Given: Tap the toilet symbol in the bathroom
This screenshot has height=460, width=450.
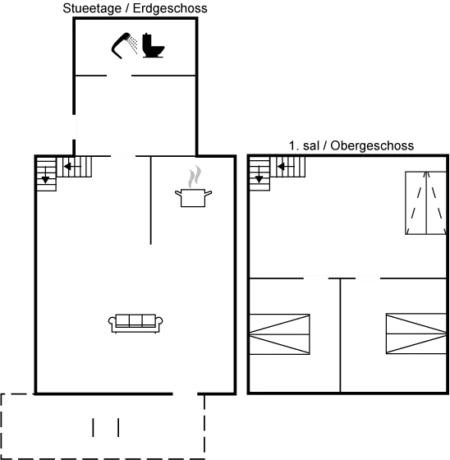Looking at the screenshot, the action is (x=153, y=45).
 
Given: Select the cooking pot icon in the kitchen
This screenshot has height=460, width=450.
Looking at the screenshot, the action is (x=193, y=198).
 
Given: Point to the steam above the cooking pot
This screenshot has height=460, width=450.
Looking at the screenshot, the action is (x=194, y=177).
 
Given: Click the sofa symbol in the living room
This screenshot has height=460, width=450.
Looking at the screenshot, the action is (x=135, y=323).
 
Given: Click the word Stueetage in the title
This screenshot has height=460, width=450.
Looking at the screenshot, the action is (x=92, y=8).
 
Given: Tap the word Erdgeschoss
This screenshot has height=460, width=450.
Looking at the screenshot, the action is (x=170, y=8).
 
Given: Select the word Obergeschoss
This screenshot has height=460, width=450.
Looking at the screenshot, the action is (x=372, y=145).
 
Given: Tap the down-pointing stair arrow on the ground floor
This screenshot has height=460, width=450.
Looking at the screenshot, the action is (x=45, y=176).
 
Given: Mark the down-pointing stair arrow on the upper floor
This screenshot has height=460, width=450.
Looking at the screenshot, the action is (x=259, y=175).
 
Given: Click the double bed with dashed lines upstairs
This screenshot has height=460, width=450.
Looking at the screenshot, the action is (x=426, y=203).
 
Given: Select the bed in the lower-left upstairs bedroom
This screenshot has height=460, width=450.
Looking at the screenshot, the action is (x=279, y=334).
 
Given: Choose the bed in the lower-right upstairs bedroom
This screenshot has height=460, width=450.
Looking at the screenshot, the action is (x=416, y=333).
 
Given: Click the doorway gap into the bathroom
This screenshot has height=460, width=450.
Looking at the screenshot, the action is (x=119, y=76).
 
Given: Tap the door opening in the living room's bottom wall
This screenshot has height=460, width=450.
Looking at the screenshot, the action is (x=185, y=393).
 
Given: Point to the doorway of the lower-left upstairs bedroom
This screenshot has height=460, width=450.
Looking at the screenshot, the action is (x=315, y=278).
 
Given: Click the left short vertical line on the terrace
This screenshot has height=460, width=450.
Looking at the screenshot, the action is (x=94, y=427).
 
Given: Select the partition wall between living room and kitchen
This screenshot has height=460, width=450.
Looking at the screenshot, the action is (x=151, y=200).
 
